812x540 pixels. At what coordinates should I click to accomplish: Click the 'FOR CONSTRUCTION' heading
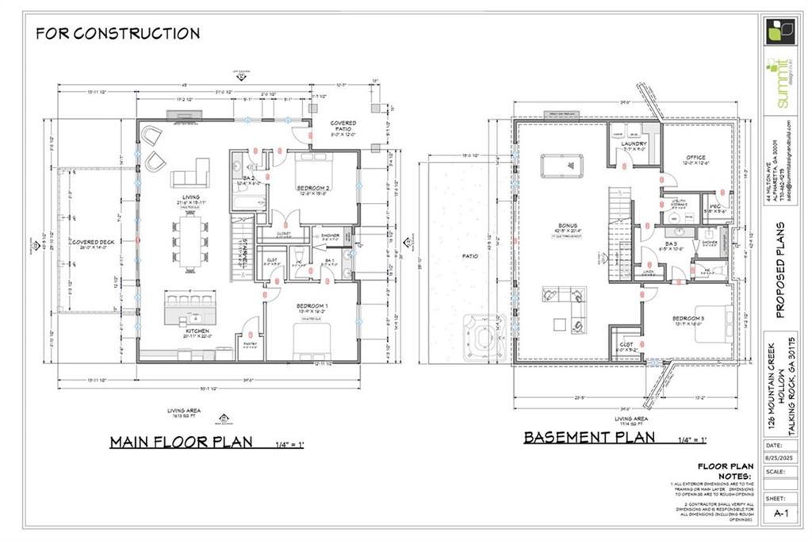point(117,33)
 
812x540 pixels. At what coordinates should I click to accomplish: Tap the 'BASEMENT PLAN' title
point(589,437)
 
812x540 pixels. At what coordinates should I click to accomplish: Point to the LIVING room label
point(190,197)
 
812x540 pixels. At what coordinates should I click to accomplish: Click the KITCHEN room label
point(190,334)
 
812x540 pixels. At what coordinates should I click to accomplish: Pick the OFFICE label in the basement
point(695,157)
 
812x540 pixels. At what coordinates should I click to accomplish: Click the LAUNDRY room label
point(634,144)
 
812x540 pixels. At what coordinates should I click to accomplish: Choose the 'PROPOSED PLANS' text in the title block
point(780,270)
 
